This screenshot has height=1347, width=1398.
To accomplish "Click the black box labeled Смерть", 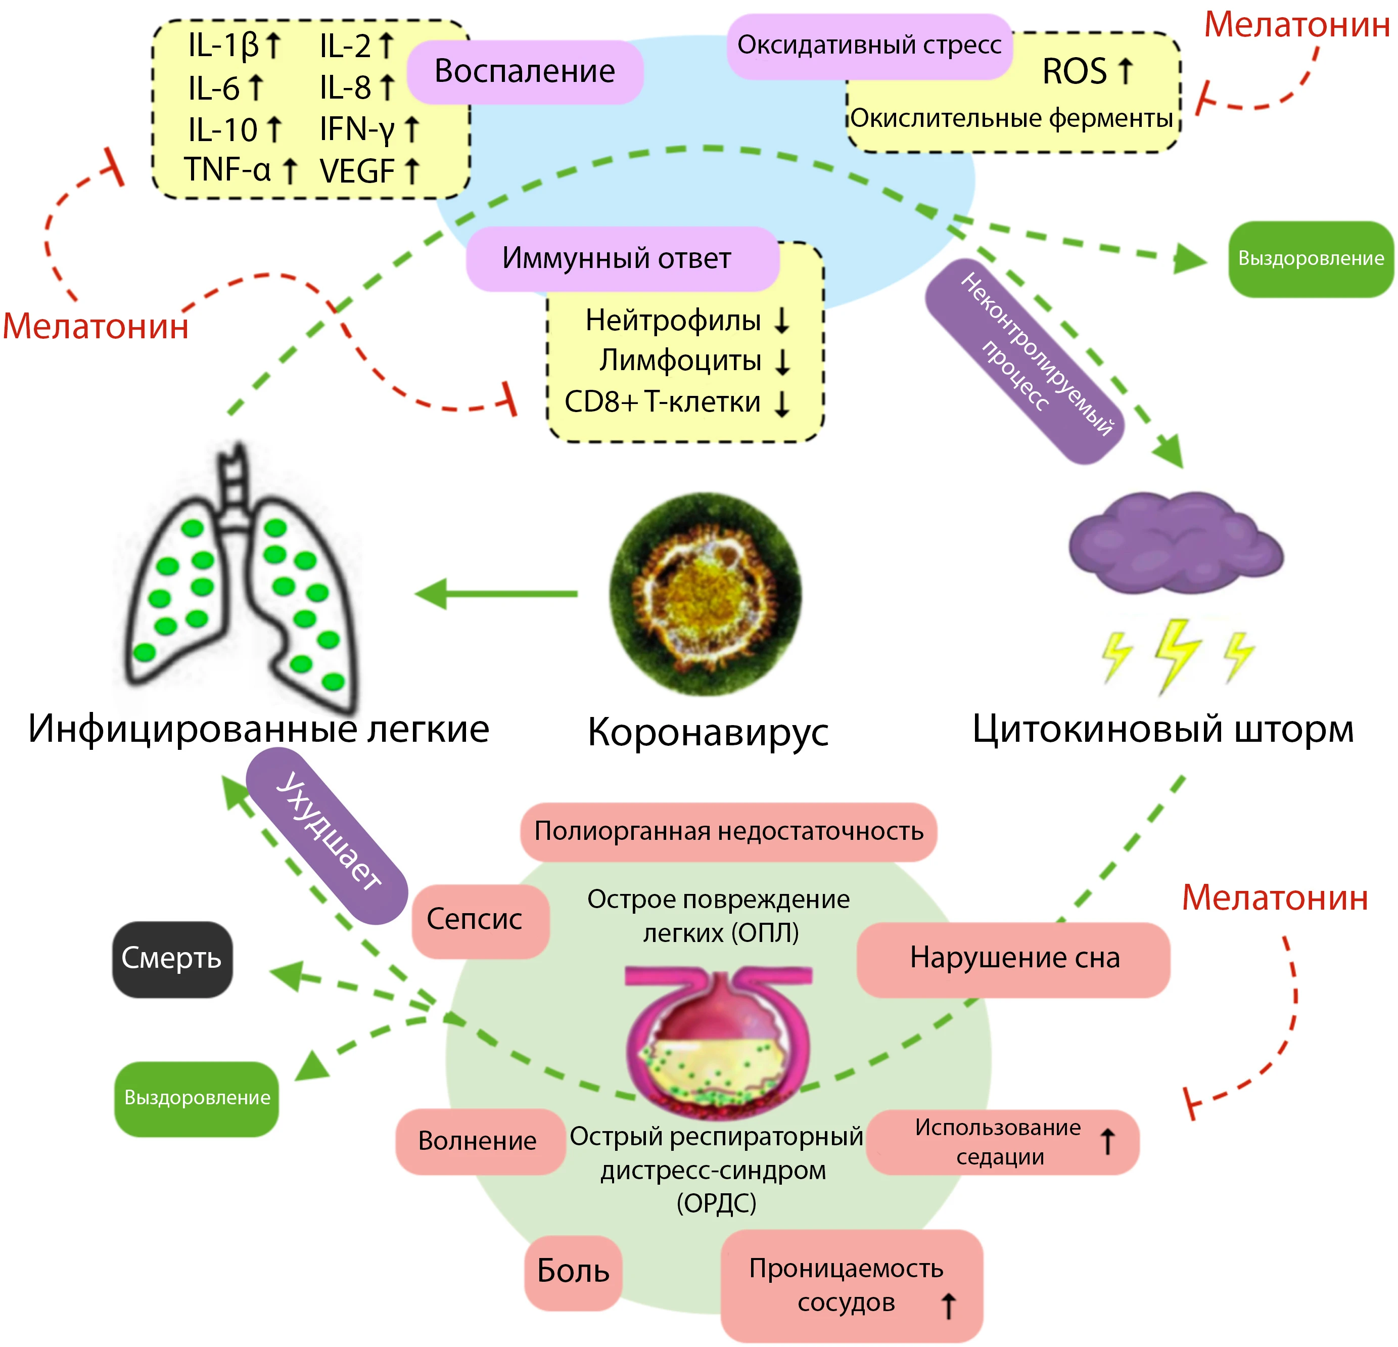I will [x=172, y=958].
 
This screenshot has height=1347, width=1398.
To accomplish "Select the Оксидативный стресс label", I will [x=869, y=46].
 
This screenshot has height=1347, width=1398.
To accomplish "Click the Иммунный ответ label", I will [x=618, y=258].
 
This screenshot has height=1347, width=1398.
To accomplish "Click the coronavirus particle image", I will [x=705, y=594].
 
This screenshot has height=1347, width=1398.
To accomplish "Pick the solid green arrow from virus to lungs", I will [x=496, y=594].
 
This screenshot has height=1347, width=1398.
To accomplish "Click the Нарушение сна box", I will [x=1013, y=958].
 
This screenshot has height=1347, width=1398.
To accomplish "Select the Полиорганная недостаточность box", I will [x=728, y=831].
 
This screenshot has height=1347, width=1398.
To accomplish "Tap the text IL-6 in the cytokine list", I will [x=214, y=88].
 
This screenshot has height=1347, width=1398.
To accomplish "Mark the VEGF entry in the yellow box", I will [x=357, y=171].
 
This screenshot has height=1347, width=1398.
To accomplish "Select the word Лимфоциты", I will [x=680, y=361].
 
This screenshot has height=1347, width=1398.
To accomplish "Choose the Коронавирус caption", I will [x=708, y=732].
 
